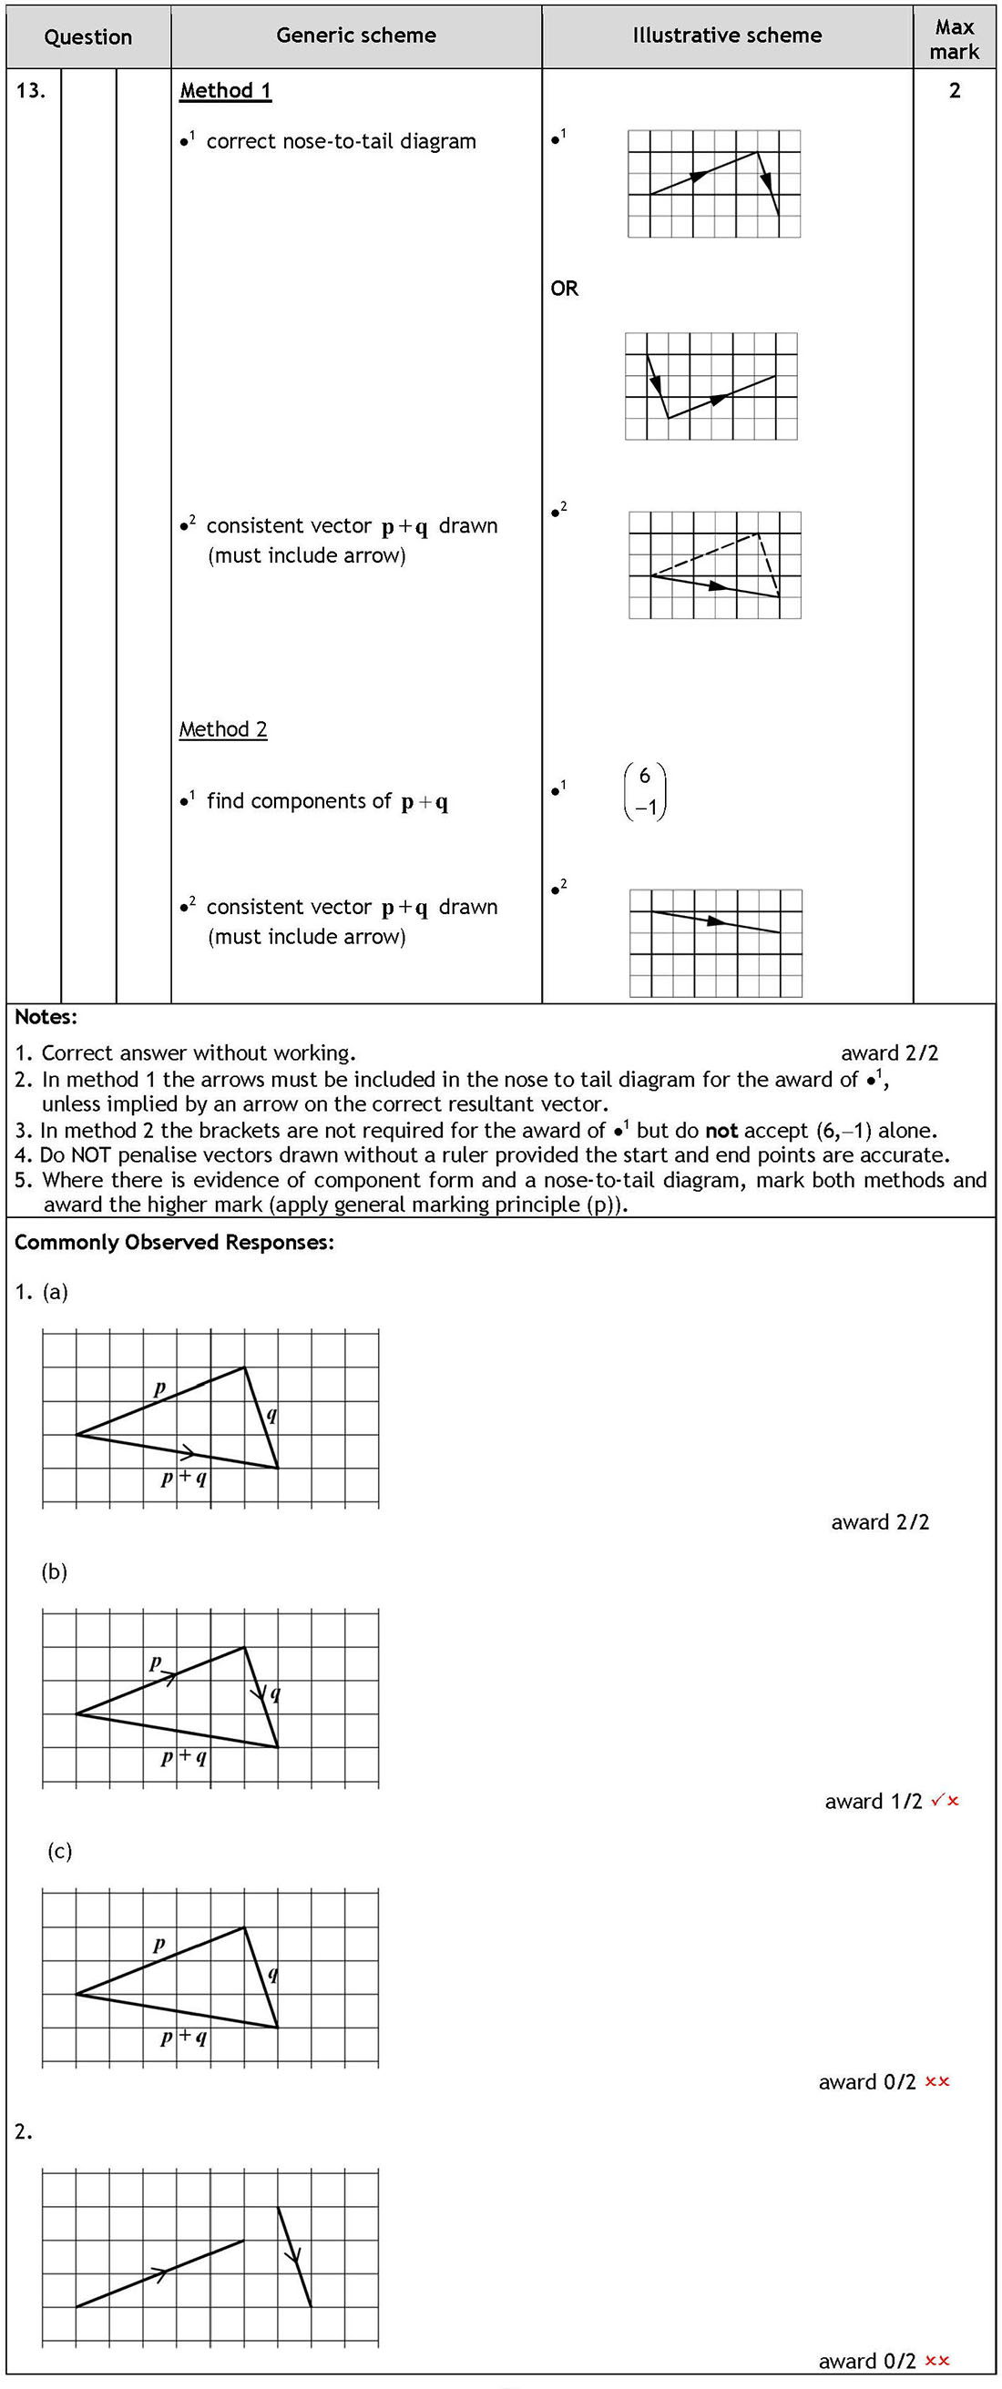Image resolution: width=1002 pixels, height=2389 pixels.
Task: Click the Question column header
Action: tap(88, 37)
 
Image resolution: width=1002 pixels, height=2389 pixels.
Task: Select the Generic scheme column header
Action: tap(356, 36)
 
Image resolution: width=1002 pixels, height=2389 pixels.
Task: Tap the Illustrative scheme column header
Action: tap(728, 36)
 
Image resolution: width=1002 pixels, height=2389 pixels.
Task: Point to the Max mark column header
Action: tap(954, 39)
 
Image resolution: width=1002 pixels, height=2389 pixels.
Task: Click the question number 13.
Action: tap(31, 91)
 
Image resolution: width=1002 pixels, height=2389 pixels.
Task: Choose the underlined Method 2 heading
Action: tap(223, 730)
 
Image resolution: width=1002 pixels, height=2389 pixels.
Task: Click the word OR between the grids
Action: tap(564, 289)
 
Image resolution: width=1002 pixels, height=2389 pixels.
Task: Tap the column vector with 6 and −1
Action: tap(646, 791)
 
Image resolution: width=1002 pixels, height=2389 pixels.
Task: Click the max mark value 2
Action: tap(954, 91)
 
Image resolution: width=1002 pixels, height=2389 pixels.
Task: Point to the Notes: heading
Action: tap(46, 1017)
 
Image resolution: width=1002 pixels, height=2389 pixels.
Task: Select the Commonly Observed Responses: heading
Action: tap(174, 1243)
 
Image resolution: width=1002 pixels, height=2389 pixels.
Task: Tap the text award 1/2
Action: tap(873, 1801)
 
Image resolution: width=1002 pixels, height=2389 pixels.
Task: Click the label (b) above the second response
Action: tap(55, 1571)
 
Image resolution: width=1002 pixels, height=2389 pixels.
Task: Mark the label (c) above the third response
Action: tap(59, 1851)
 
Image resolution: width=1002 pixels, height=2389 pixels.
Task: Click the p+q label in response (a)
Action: tap(184, 1478)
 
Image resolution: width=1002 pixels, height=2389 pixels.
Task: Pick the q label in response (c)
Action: tap(272, 1974)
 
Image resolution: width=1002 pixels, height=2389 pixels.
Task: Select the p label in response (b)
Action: tap(155, 1661)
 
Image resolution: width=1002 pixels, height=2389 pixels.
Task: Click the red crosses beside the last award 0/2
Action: tap(937, 2360)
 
